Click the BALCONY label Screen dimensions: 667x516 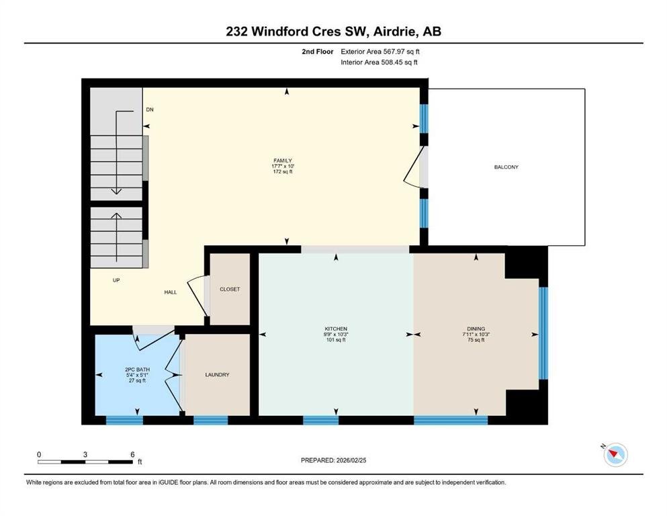tap(506, 167)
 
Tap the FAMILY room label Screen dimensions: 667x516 tap(283, 161)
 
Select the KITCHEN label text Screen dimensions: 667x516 tap(336, 329)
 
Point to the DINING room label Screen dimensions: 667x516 tap(476, 329)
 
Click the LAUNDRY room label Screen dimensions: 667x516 tap(218, 375)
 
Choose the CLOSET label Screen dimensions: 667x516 tap(230, 290)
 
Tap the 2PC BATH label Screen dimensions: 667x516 tap(138, 370)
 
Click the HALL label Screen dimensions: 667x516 tap(171, 292)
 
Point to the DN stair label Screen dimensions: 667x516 tap(150, 110)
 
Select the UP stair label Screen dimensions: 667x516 tap(116, 280)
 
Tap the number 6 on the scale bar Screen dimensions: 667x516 tap(133, 454)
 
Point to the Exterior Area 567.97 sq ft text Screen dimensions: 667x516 tap(380, 52)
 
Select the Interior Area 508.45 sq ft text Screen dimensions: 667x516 tap(379, 62)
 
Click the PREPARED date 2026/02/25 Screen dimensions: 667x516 tap(351, 460)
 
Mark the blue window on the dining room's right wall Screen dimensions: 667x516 tap(543, 333)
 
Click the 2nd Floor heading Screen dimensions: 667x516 tap(318, 52)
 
